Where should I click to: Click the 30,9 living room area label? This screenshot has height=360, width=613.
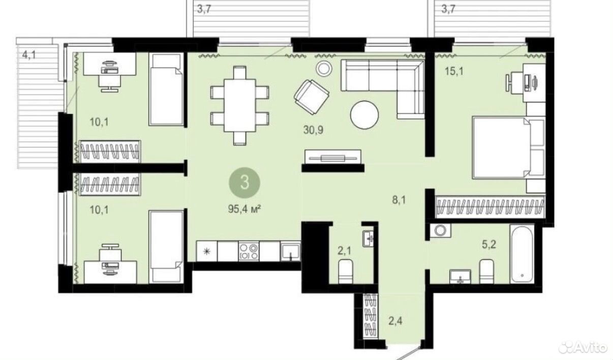[x=313, y=130]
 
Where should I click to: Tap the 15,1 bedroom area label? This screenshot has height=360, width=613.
[x=454, y=72]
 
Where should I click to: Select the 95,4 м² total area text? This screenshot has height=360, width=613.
[x=244, y=209]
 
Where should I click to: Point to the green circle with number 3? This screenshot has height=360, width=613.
[x=244, y=183]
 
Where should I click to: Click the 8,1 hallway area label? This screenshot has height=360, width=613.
[x=399, y=200]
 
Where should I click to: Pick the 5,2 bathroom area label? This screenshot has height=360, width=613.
[x=489, y=244]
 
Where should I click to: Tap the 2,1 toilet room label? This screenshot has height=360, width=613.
[x=344, y=251]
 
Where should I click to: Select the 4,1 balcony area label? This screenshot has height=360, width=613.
[x=29, y=55]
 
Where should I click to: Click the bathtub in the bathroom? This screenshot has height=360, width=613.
[x=522, y=254]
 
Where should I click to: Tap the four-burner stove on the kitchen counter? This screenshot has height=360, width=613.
[x=249, y=251]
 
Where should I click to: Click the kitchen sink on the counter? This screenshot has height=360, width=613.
[x=290, y=251]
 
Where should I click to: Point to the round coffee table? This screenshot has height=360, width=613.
[x=364, y=115]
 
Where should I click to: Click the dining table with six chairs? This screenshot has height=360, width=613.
[x=239, y=106]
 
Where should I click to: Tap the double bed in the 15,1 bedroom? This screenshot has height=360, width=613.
[x=509, y=148]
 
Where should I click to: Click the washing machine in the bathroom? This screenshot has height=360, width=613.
[x=440, y=230]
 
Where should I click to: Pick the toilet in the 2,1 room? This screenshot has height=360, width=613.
[x=345, y=272]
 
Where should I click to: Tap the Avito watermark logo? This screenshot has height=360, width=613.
[x=583, y=348]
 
